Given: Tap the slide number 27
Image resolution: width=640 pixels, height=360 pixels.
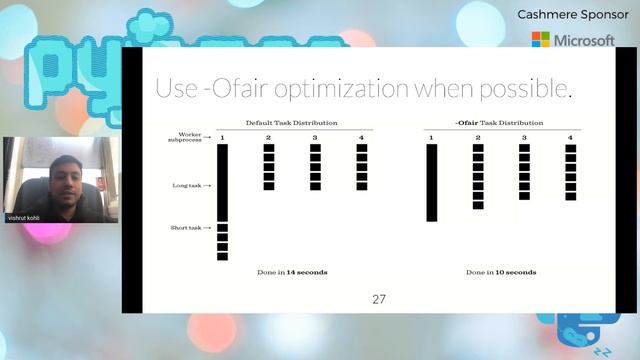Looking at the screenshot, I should coord(378,299).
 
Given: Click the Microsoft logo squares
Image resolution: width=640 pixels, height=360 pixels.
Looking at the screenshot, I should coord(540,40).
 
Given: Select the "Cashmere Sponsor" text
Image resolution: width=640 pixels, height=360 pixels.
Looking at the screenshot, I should coord(566,15).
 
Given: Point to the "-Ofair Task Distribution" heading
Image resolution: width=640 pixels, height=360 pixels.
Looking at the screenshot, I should coord(500,122).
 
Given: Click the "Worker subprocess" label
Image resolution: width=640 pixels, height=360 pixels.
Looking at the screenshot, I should coord(190,137).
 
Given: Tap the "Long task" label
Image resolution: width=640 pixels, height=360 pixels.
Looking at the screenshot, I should coord(188,185).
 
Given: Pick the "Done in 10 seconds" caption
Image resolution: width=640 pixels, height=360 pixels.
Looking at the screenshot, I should coord(500,272).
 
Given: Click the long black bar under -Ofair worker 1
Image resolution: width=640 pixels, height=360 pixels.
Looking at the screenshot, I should coord(432,182).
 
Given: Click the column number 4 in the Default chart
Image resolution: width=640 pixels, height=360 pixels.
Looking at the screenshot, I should coord(361,137).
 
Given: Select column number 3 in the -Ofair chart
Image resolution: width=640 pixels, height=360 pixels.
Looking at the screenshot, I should coord(524,137).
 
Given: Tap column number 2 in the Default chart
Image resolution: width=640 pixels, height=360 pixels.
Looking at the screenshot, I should coord(268,137).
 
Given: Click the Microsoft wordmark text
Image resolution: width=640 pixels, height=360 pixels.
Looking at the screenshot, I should coord(584,40).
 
